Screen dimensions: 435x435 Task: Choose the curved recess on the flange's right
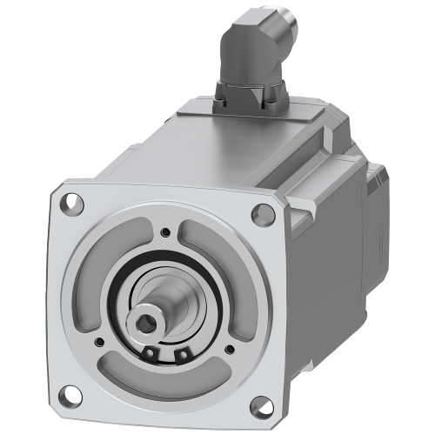click(231, 278)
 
